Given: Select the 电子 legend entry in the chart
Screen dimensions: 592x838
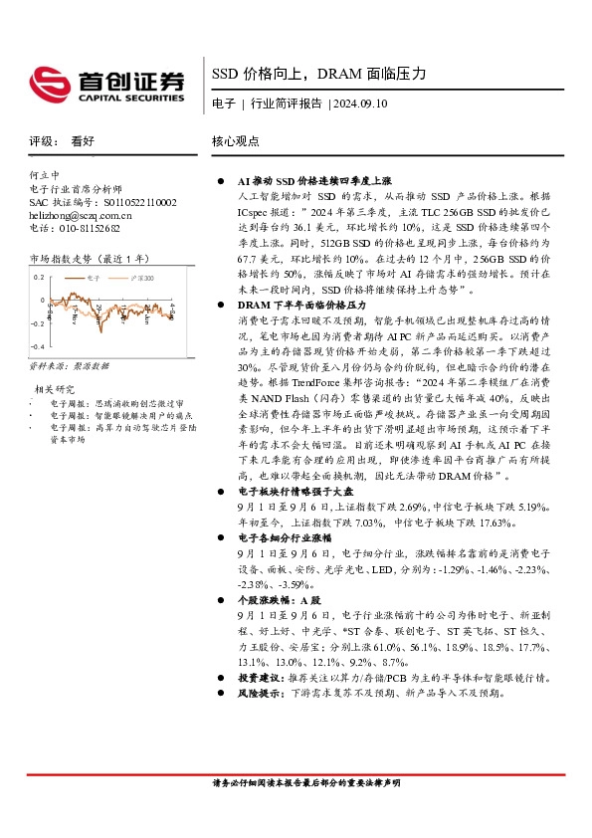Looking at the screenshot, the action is [x=95, y=279].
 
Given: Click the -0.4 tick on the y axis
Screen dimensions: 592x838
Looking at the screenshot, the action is [x=37, y=346].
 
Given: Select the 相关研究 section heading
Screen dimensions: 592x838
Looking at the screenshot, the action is [x=54, y=388].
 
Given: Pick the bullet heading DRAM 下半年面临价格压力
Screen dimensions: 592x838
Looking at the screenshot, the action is [x=301, y=304].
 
